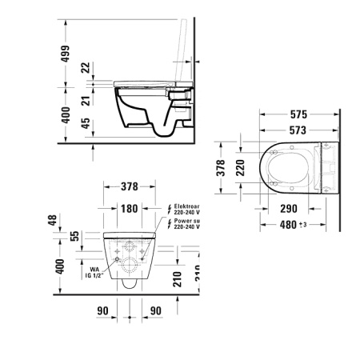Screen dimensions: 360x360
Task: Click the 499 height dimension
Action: click(x=66, y=55)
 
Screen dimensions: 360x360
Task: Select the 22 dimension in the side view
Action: click(x=86, y=69)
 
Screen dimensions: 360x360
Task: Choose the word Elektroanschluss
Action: click(x=193, y=207)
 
